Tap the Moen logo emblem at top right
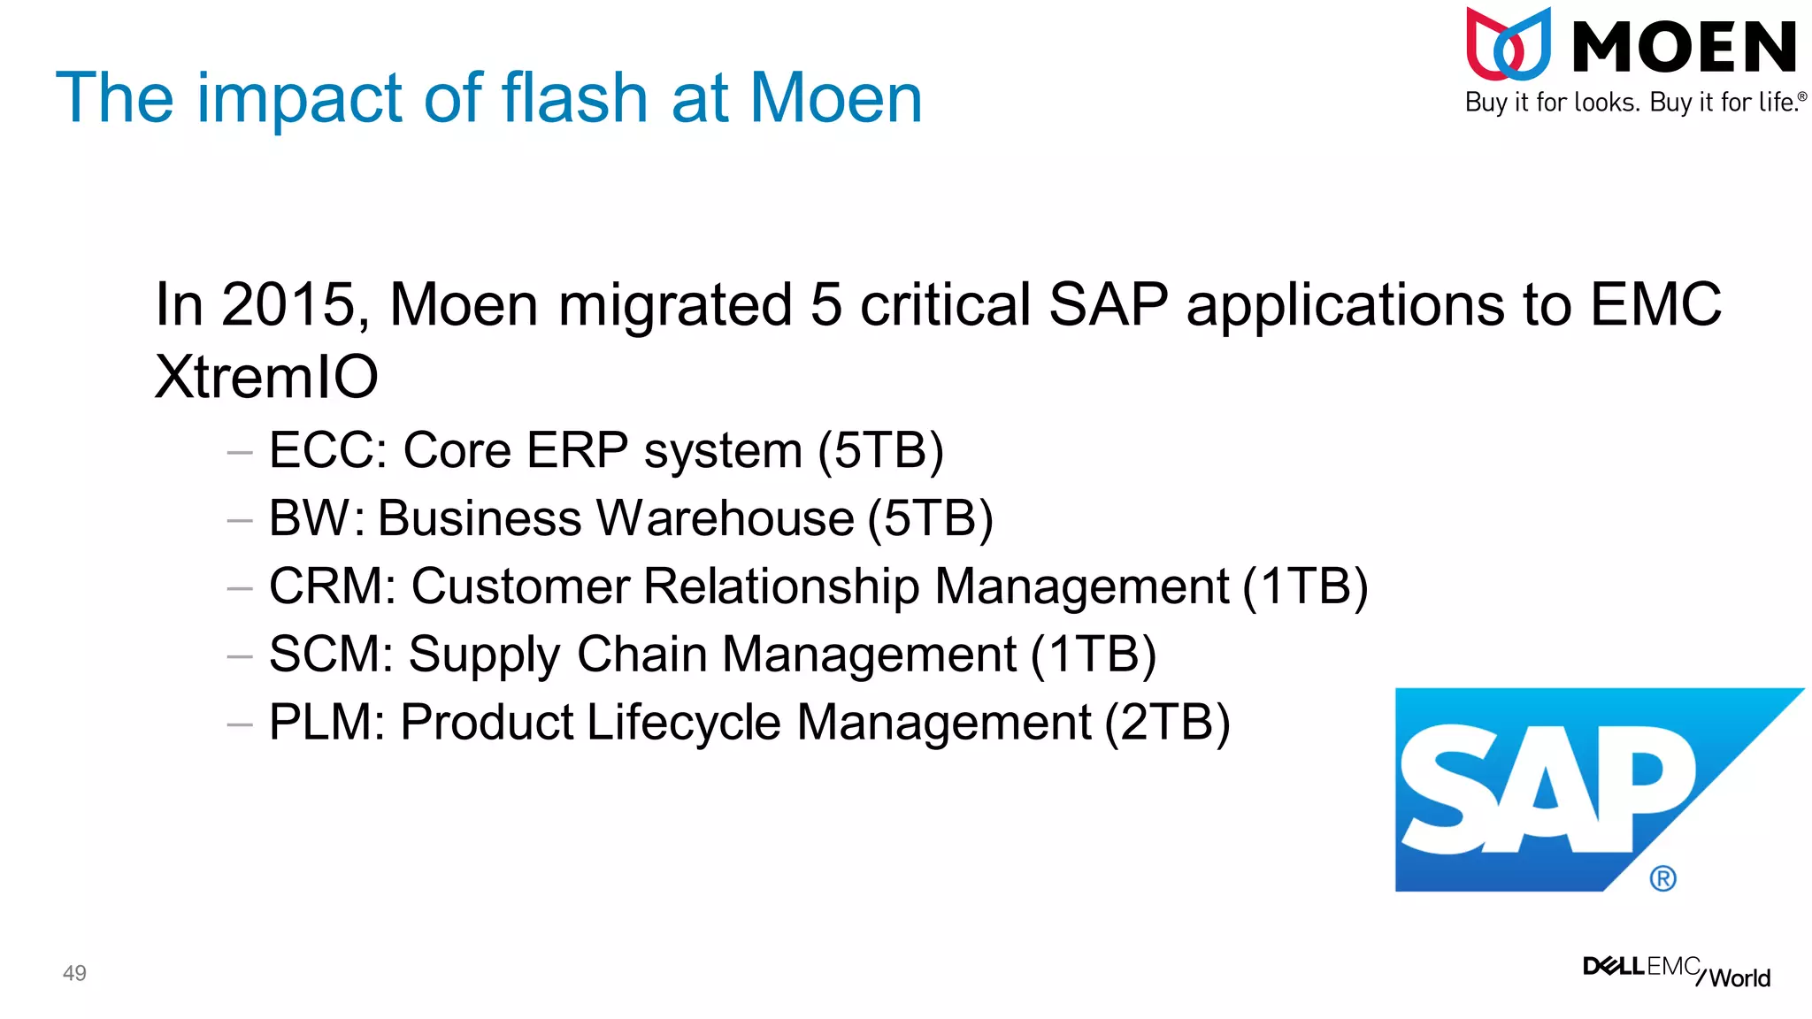click(x=1509, y=44)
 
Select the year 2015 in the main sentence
click(x=286, y=305)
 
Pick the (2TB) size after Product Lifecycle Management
click(x=1167, y=723)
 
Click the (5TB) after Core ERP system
click(x=880, y=450)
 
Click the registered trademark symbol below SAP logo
click(x=1662, y=878)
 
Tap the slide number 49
click(x=74, y=973)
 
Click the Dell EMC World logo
click(x=1676, y=970)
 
